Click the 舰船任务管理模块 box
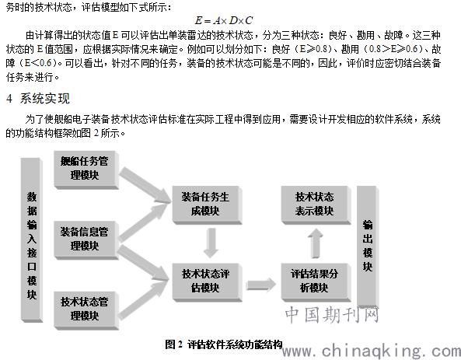(86, 170)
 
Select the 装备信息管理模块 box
(86, 240)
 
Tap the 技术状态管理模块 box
(86, 310)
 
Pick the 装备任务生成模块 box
(207, 205)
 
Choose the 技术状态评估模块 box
(207, 282)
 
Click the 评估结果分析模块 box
(316, 282)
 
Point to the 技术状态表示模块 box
(316, 205)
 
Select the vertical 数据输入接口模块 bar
(32, 240)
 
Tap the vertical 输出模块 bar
(368, 246)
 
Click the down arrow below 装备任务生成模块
(211, 243)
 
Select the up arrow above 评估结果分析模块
(316, 243)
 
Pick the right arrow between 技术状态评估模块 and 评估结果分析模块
(261, 285)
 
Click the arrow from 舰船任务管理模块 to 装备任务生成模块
(145, 185)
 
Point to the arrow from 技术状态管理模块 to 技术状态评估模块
(143, 300)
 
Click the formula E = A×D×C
(224, 20)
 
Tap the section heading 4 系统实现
(38, 98)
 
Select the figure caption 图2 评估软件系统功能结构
(223, 344)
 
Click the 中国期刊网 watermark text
(332, 315)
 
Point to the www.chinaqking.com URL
(372, 351)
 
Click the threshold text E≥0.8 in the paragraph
(313, 49)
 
